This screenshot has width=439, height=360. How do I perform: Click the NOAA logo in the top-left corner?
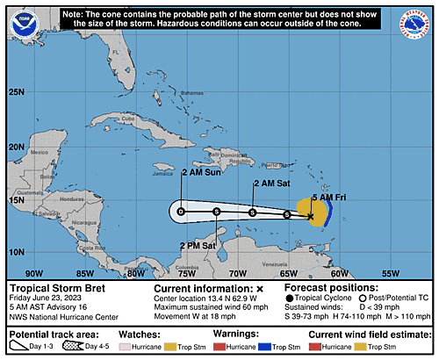(x=21, y=23)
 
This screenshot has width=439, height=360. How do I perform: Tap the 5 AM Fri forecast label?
(x=328, y=198)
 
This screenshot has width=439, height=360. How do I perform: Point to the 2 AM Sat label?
(x=269, y=184)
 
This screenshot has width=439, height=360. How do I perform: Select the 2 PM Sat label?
(x=198, y=245)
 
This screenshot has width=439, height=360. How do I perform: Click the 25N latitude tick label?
(x=16, y=91)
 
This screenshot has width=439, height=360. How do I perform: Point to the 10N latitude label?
(x=16, y=253)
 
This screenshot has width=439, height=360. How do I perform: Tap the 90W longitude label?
(x=35, y=272)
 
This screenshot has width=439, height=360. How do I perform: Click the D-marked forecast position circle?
(x=181, y=212)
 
